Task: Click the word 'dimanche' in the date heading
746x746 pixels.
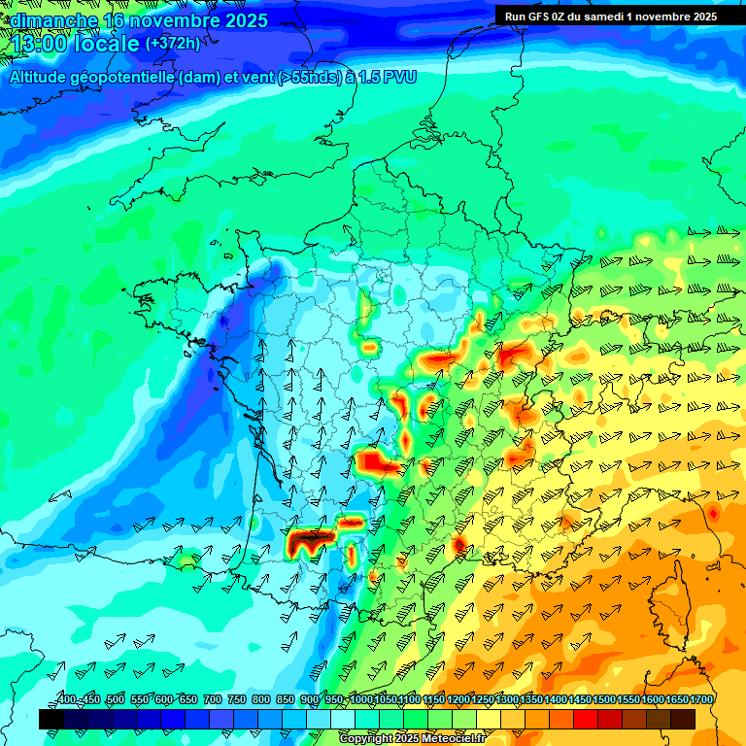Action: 54,20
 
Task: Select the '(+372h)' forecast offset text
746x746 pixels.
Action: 173,44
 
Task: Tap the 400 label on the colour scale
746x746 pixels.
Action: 66,700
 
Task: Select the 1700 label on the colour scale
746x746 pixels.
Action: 677,700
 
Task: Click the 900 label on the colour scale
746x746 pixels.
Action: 310,700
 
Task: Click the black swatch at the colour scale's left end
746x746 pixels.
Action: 51,719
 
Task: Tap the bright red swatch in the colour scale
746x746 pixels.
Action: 586,719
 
